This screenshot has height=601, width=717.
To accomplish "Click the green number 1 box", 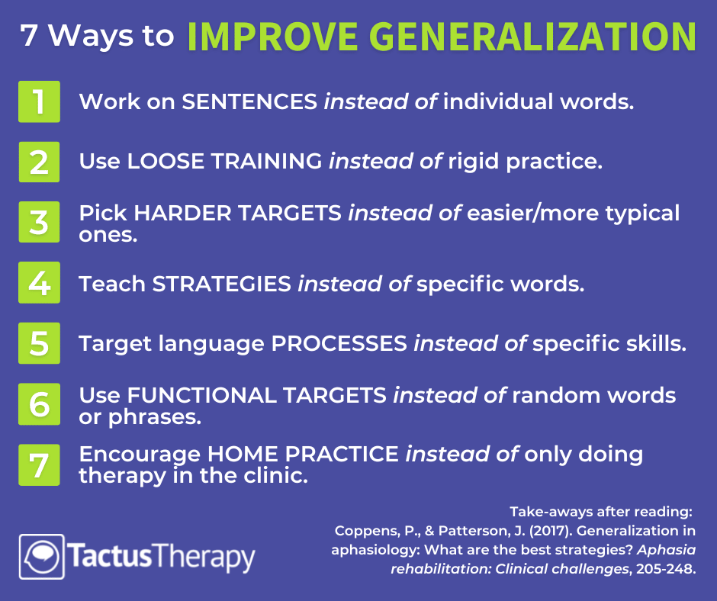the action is click(x=40, y=101).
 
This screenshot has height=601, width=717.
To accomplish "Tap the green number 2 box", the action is click(x=40, y=162).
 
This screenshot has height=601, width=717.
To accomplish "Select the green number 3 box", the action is click(x=40, y=222).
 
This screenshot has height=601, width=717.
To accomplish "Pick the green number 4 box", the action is click(x=40, y=283).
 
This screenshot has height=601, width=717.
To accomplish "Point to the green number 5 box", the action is click(x=40, y=343).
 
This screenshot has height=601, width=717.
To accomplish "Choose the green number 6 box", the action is click(x=40, y=404).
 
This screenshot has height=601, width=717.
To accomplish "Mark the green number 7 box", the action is click(x=40, y=464).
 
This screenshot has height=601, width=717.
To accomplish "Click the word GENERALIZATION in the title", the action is click(x=532, y=37).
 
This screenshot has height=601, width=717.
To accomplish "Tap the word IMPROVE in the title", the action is click(x=272, y=37).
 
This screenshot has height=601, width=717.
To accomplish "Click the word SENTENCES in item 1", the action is click(x=249, y=101).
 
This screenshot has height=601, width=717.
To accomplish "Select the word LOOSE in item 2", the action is click(x=166, y=162).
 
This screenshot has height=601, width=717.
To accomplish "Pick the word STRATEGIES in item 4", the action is click(x=222, y=284).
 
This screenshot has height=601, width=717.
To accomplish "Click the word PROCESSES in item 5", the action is click(x=339, y=343).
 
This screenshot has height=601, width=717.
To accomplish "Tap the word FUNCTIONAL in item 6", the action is click(x=201, y=396).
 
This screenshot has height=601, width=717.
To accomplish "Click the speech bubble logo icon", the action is click(x=42, y=557).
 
